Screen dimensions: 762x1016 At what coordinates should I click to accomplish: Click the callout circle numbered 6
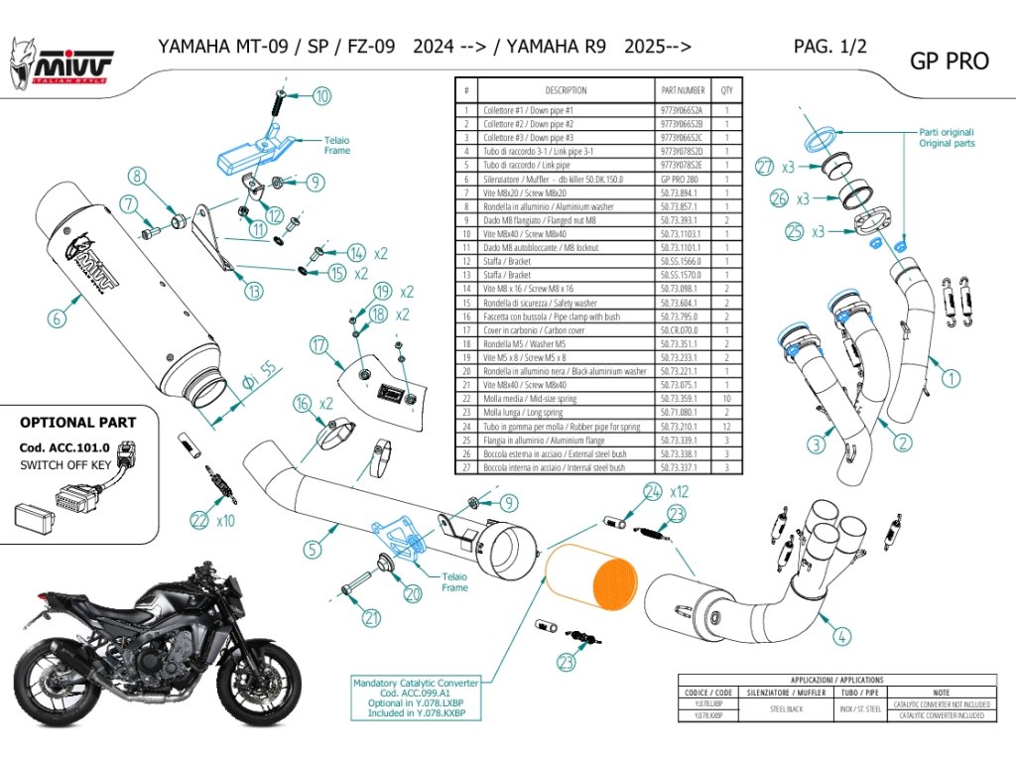coord(57,318)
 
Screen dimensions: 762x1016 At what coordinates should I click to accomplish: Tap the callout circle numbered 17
coord(317,346)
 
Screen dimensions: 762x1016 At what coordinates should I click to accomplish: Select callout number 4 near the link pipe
coord(840,636)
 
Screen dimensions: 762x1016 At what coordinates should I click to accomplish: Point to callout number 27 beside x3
coord(763,167)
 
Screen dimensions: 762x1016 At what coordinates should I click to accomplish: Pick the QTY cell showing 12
coord(726,427)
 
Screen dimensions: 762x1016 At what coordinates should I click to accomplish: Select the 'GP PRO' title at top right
coord(949,62)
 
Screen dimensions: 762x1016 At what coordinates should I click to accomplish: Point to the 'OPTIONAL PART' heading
coord(78,422)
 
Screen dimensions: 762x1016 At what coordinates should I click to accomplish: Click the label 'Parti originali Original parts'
coord(946,137)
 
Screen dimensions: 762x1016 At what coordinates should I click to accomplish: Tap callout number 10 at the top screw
coord(322,96)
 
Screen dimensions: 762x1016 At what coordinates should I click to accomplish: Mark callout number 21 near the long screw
coord(371,618)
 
